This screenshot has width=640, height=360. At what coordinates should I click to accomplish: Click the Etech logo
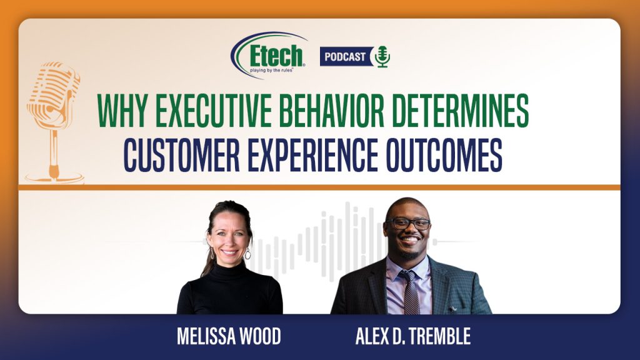click(269, 55)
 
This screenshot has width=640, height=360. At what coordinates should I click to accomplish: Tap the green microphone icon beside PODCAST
click(382, 56)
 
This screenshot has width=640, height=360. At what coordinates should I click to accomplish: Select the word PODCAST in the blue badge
click(345, 57)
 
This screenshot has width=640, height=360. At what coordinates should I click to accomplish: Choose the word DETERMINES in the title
click(460, 111)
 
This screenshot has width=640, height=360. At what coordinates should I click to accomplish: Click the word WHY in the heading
click(123, 111)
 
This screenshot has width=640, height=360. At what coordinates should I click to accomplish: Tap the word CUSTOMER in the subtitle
click(182, 155)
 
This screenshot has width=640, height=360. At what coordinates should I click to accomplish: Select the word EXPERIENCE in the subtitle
click(312, 155)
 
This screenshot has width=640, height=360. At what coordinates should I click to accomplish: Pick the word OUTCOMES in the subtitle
click(444, 155)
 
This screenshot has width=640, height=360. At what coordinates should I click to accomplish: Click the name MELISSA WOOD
click(229, 337)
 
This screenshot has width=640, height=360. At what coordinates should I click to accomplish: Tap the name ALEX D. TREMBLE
click(413, 337)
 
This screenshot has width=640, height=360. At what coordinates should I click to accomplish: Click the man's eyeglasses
click(407, 223)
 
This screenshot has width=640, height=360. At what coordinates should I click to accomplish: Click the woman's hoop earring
click(247, 254)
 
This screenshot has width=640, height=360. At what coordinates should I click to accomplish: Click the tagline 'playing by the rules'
click(272, 70)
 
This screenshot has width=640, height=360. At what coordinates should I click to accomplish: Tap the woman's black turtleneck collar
click(229, 270)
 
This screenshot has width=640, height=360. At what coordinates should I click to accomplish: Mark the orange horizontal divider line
click(319, 187)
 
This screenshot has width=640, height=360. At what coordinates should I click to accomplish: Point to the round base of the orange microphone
click(54, 177)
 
